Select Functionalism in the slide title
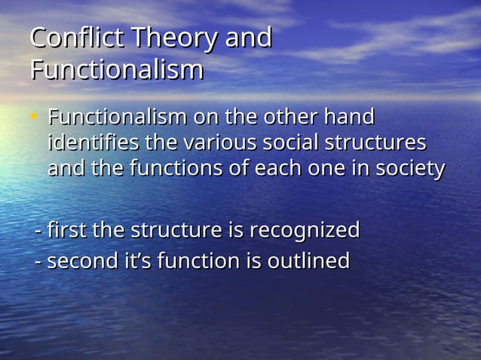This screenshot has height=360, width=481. pyautogui.click(x=117, y=69)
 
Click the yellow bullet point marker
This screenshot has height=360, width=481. pyautogui.click(x=33, y=117)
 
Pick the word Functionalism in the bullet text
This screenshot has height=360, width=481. pyautogui.click(x=118, y=117)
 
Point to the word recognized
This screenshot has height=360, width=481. pyautogui.click(x=305, y=230)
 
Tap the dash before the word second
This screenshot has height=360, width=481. pyautogui.click(x=39, y=262)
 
